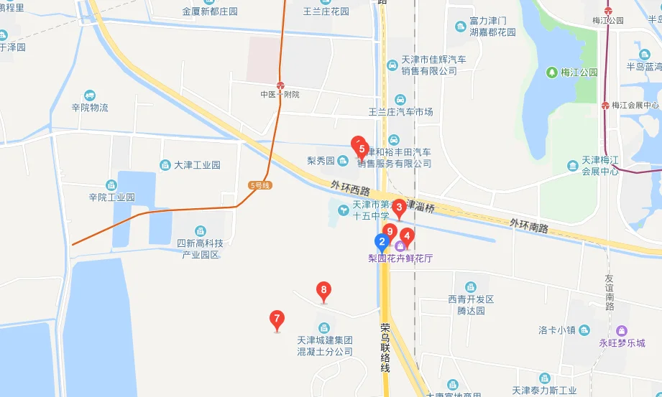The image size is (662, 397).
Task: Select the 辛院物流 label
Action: (89, 108)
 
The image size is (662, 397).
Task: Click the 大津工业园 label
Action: (197, 164)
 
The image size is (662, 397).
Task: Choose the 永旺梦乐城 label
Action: (622, 343)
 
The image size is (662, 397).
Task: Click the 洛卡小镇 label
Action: (558, 331)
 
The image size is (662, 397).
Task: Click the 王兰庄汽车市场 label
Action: (400, 112)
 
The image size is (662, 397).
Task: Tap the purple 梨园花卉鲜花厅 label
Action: (401, 258)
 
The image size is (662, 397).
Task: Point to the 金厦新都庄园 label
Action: (210, 11)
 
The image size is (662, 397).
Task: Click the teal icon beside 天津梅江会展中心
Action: (572, 166)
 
